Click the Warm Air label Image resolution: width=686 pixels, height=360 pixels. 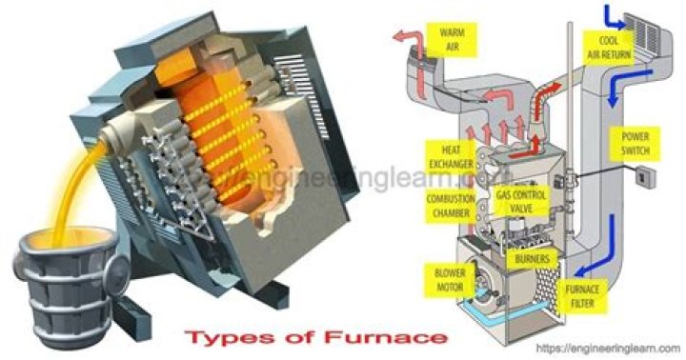click(452, 38)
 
